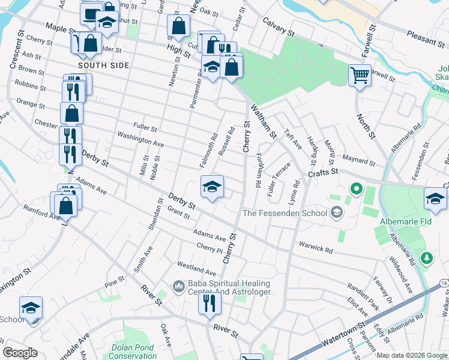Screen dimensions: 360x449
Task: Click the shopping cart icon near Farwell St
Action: [x=360, y=76]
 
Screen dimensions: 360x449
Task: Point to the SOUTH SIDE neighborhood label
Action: [x=103, y=65]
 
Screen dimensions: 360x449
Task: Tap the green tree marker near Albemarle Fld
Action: [x=427, y=258]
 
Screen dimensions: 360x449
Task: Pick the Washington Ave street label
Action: [x=140, y=139]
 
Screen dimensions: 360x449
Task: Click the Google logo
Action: [x=20, y=353]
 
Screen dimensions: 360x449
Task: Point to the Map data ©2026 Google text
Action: [x=412, y=355]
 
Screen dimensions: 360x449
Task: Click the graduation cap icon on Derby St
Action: [x=212, y=187]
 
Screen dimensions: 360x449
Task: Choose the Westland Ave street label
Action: [x=196, y=265]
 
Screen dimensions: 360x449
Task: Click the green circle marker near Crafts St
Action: [x=356, y=190]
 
